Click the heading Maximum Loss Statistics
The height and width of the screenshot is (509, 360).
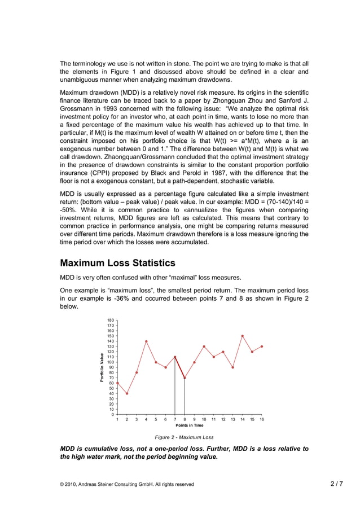pyautogui.click(x=117, y=263)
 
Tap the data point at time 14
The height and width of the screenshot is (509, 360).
pyautogui.click(x=243, y=336)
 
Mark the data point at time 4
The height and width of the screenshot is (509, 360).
pyautogui.click(x=146, y=341)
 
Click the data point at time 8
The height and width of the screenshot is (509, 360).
pyautogui.click(x=185, y=378)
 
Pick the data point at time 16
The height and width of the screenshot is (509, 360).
pyautogui.click(x=262, y=346)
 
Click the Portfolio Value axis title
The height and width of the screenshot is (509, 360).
pyautogui.click(x=103, y=368)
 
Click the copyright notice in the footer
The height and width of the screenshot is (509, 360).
pyautogui.click(x=127, y=484)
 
